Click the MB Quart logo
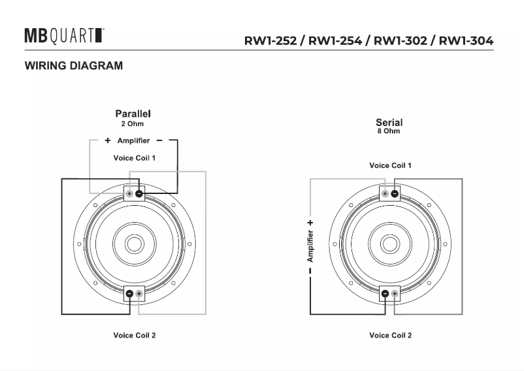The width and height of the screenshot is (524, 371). (64, 36)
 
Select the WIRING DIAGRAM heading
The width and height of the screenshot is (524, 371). (74, 65)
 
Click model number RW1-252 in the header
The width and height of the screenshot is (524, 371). (270, 40)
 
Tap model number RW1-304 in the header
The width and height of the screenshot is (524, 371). (466, 40)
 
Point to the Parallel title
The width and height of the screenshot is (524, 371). (133, 114)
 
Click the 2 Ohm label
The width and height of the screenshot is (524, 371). (133, 124)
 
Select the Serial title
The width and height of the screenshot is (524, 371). (389, 122)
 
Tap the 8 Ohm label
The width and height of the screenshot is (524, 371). (389, 131)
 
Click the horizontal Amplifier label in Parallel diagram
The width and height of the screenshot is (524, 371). (133, 140)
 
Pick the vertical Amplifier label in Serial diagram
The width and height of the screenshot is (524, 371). (310, 246)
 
